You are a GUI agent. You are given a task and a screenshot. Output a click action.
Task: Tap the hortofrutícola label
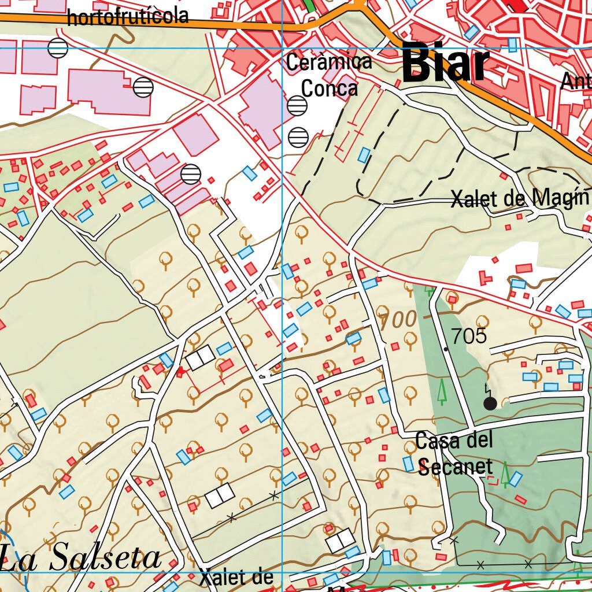128,17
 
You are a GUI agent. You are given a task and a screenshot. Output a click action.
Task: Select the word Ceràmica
329,62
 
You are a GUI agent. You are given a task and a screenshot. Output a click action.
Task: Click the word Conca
329,88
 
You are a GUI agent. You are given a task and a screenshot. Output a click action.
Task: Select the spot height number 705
469,336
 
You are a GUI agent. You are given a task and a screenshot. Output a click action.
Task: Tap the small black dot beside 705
446,349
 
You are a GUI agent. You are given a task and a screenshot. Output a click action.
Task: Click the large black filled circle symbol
490,404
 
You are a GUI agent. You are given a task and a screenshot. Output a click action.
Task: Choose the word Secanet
455,466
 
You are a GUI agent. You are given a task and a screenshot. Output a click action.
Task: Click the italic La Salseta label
81,558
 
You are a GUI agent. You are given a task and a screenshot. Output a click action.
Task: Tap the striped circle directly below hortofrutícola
58,48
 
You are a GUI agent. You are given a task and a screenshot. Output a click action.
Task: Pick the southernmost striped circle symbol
191,173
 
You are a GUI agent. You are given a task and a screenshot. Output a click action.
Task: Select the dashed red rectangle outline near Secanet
491,480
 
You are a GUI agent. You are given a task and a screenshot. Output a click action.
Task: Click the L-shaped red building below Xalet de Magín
485,277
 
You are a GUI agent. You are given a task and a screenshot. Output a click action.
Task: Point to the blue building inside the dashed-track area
364,155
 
